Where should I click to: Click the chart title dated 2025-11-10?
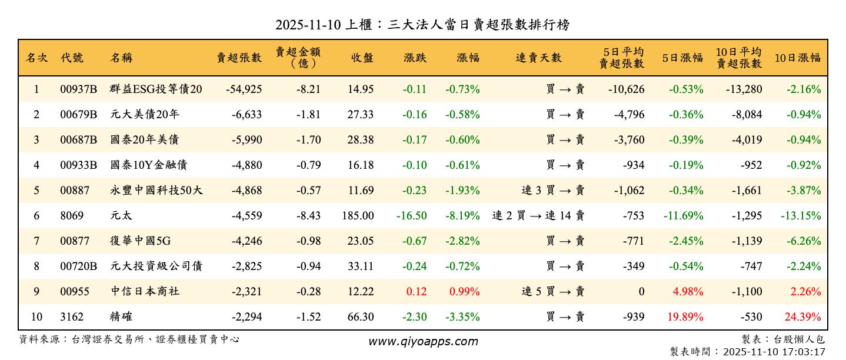click(422, 25)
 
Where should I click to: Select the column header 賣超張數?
click(239, 58)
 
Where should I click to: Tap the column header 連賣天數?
click(538, 58)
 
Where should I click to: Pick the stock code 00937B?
click(78, 89)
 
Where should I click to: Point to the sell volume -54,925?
click(244, 89)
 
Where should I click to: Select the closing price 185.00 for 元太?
click(358, 216)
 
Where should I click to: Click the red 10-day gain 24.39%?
click(803, 317)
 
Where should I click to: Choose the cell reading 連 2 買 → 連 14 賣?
click(538, 216)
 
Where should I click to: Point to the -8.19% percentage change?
click(462, 216)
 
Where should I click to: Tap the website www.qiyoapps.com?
click(423, 341)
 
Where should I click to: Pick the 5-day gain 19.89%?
click(685, 317)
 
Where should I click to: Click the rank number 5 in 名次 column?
click(36, 191)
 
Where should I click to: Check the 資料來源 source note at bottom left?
click(129, 339)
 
